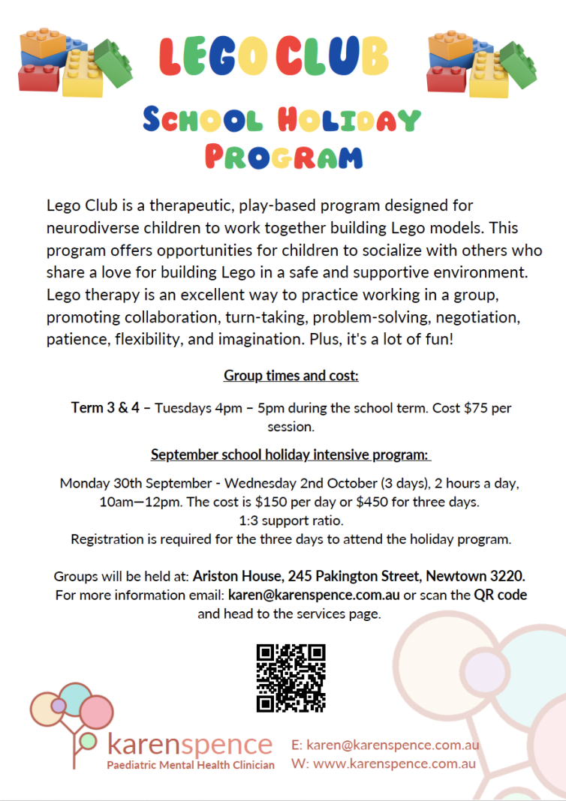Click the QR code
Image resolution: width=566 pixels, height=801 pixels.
[x=291, y=678]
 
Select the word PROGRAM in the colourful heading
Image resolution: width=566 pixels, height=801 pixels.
[x=284, y=156]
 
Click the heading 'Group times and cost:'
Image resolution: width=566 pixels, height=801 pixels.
[x=291, y=375]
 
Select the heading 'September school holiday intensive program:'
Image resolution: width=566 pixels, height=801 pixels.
[x=291, y=454]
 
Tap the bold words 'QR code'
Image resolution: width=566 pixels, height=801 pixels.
[x=500, y=595]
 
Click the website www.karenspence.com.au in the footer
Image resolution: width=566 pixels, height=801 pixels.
[x=394, y=764]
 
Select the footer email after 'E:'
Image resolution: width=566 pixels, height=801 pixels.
[x=392, y=745]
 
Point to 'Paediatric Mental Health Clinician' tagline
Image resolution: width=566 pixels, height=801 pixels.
[x=191, y=765]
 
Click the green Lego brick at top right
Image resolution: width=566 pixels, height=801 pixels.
[x=518, y=64]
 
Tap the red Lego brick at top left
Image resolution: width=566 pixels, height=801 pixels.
[x=39, y=77]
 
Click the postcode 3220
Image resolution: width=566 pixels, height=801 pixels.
[x=508, y=577]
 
